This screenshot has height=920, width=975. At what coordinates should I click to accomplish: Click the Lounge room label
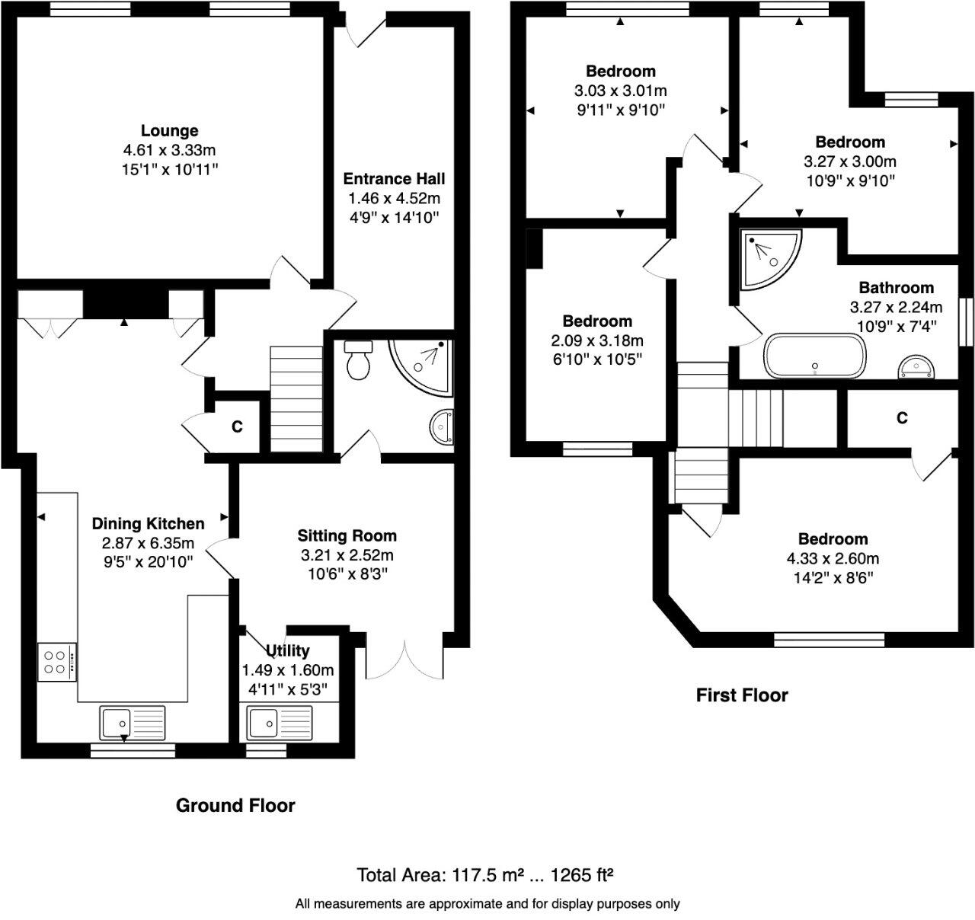[x=169, y=131]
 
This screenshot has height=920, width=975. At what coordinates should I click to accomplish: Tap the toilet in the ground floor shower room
[x=357, y=360]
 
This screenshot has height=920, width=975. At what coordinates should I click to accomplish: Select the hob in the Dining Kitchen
[x=56, y=660]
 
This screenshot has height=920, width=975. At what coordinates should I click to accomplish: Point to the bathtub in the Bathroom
[x=814, y=356]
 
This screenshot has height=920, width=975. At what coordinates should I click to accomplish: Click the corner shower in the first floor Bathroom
[x=768, y=256]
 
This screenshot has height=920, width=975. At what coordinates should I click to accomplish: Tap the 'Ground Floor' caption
[x=235, y=805]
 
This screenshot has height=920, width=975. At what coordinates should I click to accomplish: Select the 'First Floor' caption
[x=742, y=695]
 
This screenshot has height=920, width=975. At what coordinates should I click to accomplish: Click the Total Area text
[x=486, y=874]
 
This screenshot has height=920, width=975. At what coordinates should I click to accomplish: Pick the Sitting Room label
[x=347, y=535]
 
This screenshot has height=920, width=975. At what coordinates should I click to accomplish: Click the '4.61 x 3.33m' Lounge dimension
[x=169, y=150]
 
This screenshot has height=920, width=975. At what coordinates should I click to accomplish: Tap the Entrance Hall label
[x=394, y=179]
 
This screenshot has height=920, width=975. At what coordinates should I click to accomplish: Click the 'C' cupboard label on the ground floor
[x=237, y=427]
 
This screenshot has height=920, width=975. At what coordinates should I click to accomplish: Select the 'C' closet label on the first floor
[x=902, y=418]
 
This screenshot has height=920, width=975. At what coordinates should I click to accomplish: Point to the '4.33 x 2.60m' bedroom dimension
[x=833, y=558]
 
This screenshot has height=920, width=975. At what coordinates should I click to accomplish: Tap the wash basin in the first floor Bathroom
[x=916, y=367]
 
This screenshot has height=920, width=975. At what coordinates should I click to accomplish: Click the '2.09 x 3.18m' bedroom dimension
[x=597, y=340]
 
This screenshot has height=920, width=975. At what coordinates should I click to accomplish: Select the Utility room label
[x=288, y=650]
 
